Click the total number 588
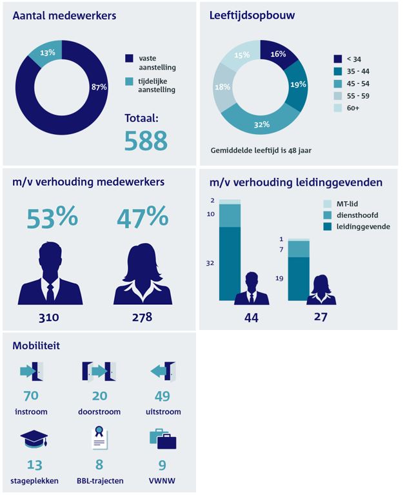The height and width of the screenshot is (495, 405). coord(146,141)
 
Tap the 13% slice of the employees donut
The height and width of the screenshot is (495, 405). coord(47,53)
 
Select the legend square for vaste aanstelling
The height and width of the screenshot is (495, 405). coord(129,59)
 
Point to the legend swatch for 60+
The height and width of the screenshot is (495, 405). coord(337,108)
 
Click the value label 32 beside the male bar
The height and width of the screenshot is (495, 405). coord(210,263)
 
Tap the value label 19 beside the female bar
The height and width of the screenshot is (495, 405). coord(279,278)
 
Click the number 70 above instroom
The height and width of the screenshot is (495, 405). coord(32,396)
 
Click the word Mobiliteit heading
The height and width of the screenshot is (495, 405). coord(36,346)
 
